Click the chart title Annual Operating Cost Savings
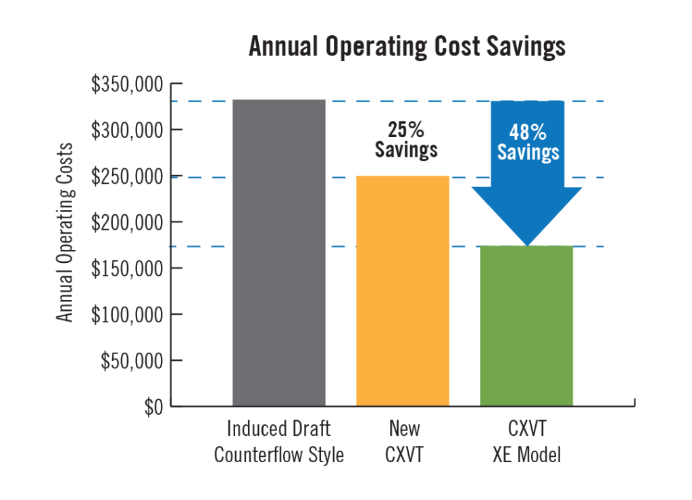[406, 47]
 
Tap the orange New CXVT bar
[403, 291]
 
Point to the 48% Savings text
[528, 141]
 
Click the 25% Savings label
[406, 139]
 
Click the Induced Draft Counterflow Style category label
[279, 442]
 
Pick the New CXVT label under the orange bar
[404, 442]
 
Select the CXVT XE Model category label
[526, 442]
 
